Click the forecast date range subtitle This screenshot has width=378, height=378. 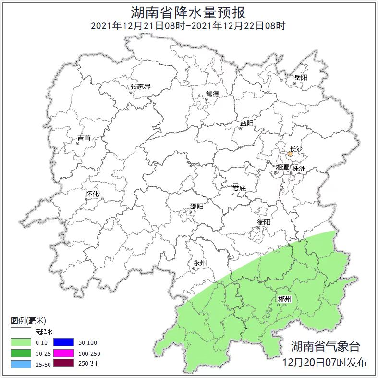coord(188,25)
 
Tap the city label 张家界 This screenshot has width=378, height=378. coord(140,86)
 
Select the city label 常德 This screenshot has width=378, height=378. coord(212,94)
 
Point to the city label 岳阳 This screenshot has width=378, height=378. coord(301,77)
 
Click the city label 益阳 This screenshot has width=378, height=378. coord(246,123)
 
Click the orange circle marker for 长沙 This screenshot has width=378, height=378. coord(290,154)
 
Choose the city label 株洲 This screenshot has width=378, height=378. coord(299,169)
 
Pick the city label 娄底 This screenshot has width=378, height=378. coord(239,188)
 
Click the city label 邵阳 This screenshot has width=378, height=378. coord(196,207)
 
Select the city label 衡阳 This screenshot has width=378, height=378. coord(264,222)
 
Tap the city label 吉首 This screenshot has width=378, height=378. coord(84,138)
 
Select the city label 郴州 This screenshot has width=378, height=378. coord(284,299)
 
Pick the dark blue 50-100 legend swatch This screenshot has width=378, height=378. coord(63,342)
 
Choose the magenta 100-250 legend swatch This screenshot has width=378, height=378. coord(63,353)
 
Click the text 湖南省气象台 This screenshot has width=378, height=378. coord(325,346)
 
